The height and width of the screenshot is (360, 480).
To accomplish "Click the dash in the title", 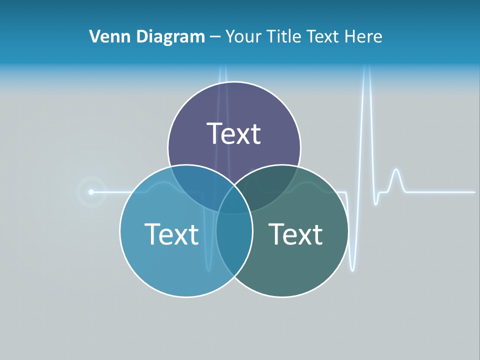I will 215,37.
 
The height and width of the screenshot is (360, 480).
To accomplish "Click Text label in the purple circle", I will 234,134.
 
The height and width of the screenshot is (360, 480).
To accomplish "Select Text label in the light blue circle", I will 171,234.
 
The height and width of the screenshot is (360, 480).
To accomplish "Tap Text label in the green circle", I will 295,234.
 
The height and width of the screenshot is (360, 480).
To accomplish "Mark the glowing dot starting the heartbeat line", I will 91,191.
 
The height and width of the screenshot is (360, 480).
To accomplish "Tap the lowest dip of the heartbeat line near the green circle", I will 352,269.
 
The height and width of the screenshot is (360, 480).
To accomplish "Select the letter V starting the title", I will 93,36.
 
